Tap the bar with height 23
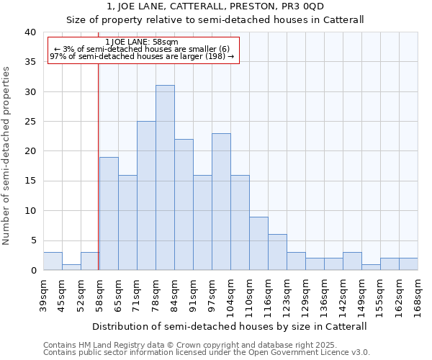click(221, 202)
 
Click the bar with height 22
click(184, 204)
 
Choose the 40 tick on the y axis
click(30, 32)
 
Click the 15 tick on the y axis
click(30, 181)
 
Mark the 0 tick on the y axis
click(32, 271)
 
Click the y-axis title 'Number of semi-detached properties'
click(6, 156)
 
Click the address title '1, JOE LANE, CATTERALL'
click(215, 6)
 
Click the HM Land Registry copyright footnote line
click(195, 345)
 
